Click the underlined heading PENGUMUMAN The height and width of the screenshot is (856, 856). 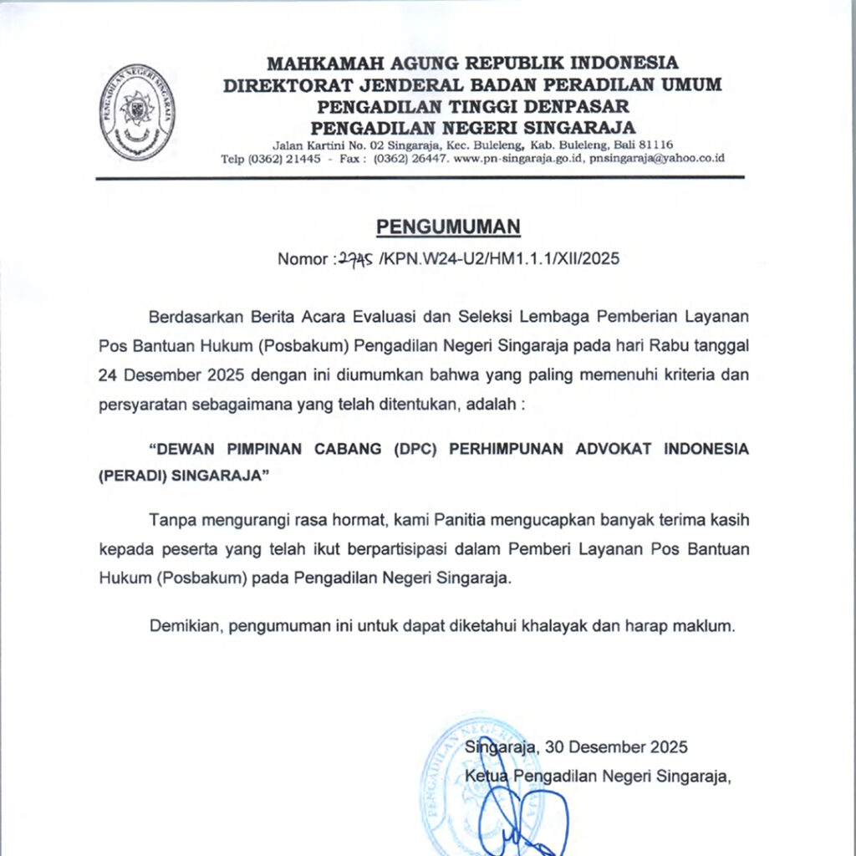448,227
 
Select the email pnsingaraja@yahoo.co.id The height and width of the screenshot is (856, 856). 656,159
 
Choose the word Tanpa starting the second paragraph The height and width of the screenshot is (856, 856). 169,520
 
